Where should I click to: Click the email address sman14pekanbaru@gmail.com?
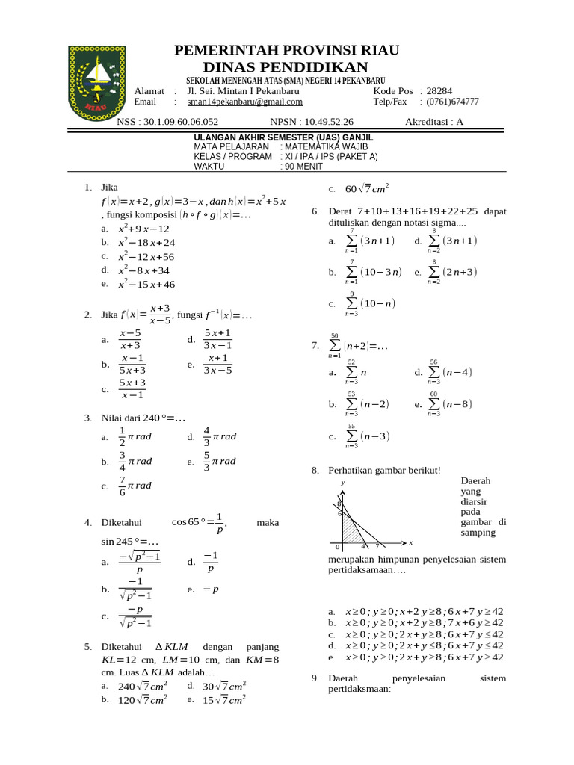[244, 102]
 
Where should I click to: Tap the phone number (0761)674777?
[453, 102]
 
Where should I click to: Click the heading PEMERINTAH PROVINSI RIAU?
[286, 51]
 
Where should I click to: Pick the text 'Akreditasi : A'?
[434, 121]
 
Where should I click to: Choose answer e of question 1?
[146, 284]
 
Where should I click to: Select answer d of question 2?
[218, 339]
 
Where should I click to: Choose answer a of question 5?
[142, 687]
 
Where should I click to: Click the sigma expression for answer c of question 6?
[369, 303]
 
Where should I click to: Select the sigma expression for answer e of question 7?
[452, 404]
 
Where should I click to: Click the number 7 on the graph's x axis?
[377, 547]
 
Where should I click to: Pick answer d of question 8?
[424, 645]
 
